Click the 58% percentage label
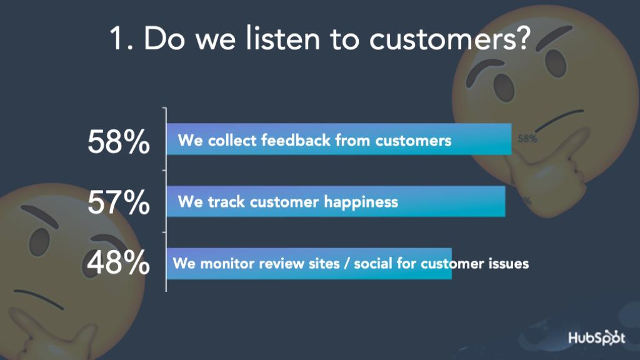point(118,142)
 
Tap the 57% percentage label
point(118,202)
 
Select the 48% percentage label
point(118,262)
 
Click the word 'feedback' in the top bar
point(296,140)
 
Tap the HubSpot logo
point(596,337)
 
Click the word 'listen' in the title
point(283,38)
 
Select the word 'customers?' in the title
point(449,39)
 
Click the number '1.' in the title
point(121,39)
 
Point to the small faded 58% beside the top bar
point(527,139)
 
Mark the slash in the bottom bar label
point(346,264)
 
